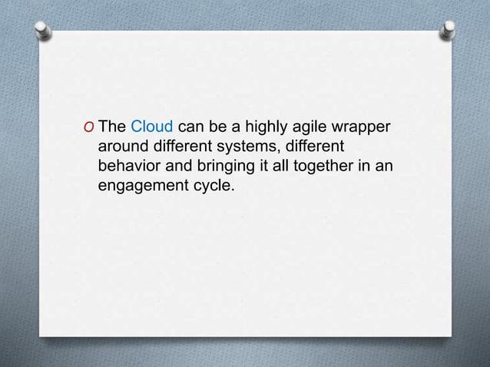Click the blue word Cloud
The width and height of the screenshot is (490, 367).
coord(151,127)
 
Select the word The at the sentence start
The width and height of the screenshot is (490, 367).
coord(113,127)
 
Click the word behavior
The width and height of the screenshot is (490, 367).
coord(127,165)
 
